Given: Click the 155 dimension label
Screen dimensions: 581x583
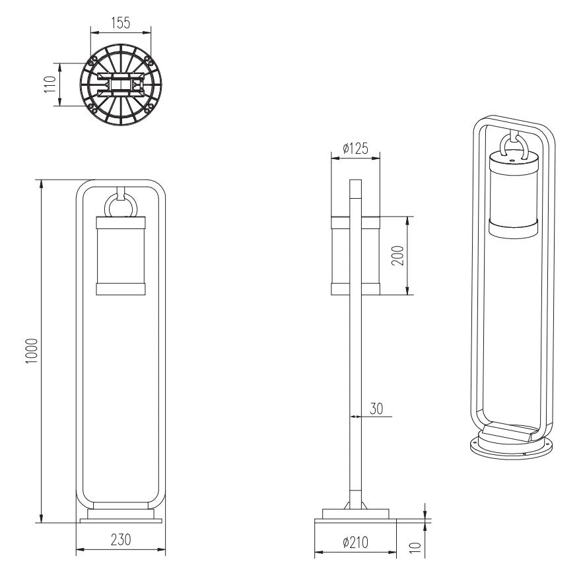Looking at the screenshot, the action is coord(121,23).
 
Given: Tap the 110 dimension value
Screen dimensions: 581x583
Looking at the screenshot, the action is coord(50,85).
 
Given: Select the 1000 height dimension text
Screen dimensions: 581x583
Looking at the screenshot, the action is coord(32,351).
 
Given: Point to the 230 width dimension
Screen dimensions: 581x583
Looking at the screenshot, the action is coord(121,539).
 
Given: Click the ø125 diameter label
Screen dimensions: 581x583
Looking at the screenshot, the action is coord(356,149).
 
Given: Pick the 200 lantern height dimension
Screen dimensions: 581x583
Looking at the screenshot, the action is coord(397,256).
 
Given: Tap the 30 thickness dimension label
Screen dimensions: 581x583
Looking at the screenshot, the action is coord(376,409).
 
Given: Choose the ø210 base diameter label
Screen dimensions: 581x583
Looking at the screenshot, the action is coord(356,543).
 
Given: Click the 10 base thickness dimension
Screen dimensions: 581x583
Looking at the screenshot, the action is coord(415,547).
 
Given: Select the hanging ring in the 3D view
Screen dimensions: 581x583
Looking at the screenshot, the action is coord(502,145).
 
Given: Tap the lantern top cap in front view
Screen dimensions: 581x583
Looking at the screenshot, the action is coord(121,223).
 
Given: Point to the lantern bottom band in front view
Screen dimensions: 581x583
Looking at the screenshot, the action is coord(121,289).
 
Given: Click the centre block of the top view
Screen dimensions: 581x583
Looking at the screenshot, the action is coord(121,85).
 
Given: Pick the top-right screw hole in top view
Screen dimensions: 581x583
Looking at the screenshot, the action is coord(148,60).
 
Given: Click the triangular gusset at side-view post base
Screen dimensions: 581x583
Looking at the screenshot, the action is coord(347,505).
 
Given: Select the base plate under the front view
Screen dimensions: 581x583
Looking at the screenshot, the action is coord(121,520).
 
